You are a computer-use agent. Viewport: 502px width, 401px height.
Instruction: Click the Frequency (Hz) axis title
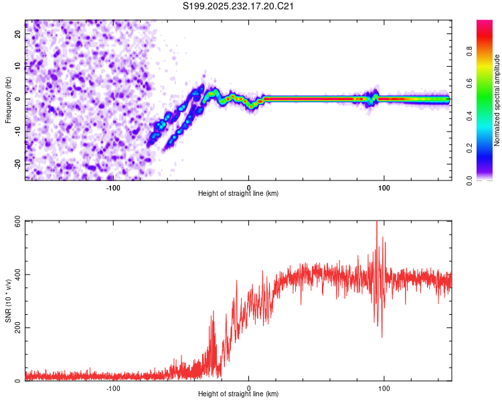tap(7, 100)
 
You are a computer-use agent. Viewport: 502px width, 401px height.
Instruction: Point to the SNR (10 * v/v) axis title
tap(7, 301)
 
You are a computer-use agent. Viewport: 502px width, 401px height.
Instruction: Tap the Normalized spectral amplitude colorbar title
tap(497, 100)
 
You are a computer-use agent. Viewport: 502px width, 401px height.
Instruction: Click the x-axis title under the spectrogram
tap(238, 194)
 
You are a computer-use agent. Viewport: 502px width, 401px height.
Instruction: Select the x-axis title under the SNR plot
tap(238, 395)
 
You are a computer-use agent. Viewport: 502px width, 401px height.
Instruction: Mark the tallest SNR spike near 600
tap(377, 223)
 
